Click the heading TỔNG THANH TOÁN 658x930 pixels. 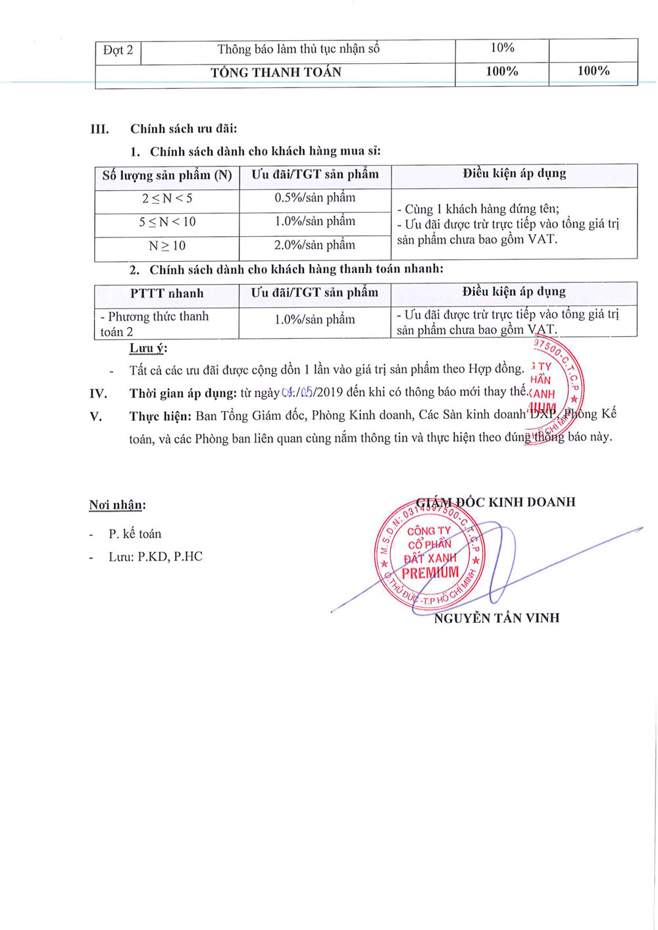tap(276, 72)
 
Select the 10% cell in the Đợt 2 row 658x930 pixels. tap(502, 48)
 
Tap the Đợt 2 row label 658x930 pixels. tap(118, 50)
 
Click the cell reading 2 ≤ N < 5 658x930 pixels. tap(167, 199)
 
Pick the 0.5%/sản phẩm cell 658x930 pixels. tap(315, 198)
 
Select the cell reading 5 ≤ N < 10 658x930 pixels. tap(167, 222)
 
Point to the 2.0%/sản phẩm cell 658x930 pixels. tap(315, 245)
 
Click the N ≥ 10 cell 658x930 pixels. tap(167, 246)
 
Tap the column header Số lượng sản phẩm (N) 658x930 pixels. tap(167, 176)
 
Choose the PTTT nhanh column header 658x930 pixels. tap(167, 293)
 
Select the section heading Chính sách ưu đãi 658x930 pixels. tap(184, 129)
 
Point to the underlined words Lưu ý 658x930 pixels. tap(148, 349)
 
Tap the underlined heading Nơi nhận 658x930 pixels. tap(117, 505)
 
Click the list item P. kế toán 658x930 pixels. tap(135, 534)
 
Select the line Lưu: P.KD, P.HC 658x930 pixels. tap(155, 557)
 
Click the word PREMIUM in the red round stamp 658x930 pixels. tap(430, 573)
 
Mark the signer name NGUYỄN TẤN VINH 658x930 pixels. tap(497, 618)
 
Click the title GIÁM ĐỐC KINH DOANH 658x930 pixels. tap(496, 502)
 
